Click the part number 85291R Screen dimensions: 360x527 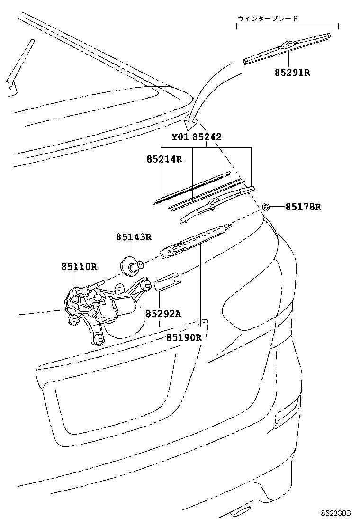point(293,72)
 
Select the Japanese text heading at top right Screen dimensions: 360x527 point(268,18)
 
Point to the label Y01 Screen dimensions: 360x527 point(180,137)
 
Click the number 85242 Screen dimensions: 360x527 point(207,137)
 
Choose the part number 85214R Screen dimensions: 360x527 point(164,159)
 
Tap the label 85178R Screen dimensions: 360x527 point(303,207)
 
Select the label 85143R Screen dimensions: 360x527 point(134,237)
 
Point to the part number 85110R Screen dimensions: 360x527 point(79,267)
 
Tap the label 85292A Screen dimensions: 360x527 point(163,314)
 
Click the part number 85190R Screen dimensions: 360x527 point(184,337)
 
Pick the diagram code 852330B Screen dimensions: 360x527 point(335,514)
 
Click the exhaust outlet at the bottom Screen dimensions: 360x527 point(240,511)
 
